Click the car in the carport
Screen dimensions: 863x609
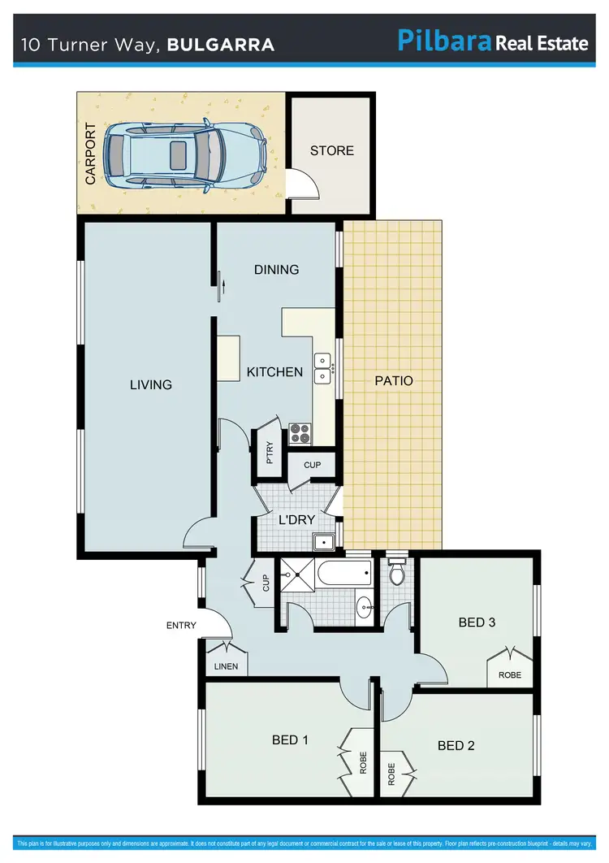(186, 154)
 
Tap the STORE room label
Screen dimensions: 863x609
(332, 150)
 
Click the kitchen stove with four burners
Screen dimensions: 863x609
(300, 434)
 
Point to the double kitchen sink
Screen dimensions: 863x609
(323, 367)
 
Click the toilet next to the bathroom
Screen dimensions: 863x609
(397, 572)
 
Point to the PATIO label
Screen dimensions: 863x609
(393, 380)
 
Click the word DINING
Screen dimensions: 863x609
(276, 270)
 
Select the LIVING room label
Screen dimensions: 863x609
(151, 384)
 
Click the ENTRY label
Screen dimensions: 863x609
(181, 625)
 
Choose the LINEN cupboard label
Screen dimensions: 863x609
(226, 666)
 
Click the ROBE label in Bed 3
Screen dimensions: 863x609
(510, 675)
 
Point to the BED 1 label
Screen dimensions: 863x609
(290, 740)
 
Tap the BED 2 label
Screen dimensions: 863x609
(456, 745)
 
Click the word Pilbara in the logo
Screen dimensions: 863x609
(444, 41)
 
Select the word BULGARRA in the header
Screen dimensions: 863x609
(220, 45)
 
